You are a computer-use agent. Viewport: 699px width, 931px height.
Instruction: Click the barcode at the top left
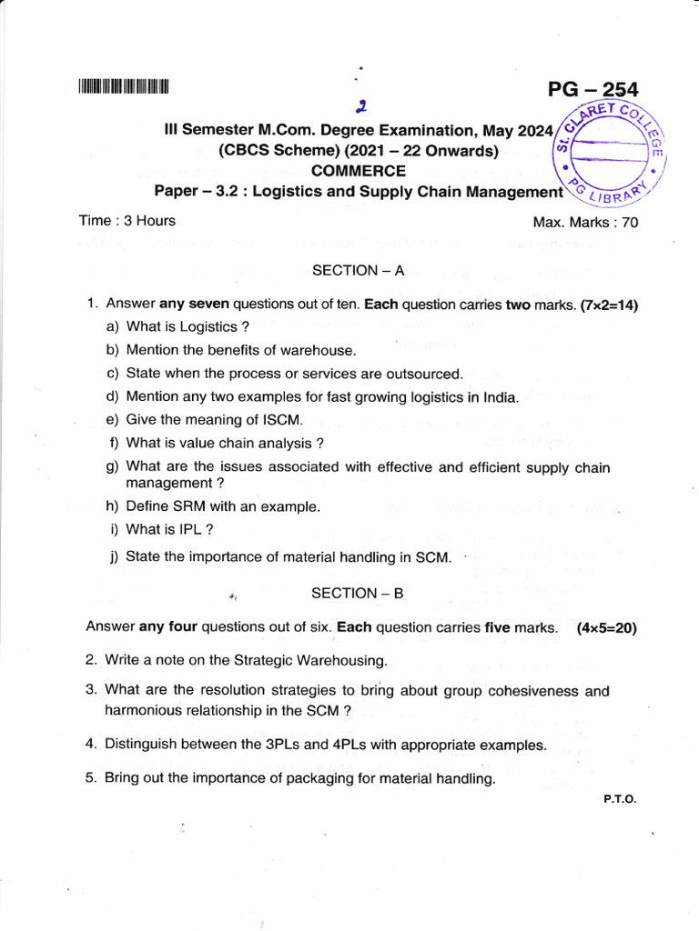coord(124,88)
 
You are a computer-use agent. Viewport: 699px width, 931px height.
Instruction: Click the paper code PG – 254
coord(593,90)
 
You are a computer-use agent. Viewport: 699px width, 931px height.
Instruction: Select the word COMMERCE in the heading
coord(359,171)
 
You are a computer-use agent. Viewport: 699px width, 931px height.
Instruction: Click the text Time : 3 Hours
coord(127,221)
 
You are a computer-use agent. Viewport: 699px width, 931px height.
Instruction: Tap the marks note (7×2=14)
coord(608,305)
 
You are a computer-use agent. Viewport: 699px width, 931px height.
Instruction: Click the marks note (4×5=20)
coord(606,627)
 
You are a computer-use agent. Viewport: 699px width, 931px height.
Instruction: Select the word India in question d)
coord(500,396)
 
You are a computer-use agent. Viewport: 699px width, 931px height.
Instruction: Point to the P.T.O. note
coord(619,799)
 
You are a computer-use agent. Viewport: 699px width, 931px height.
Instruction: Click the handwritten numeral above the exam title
coord(361,106)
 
